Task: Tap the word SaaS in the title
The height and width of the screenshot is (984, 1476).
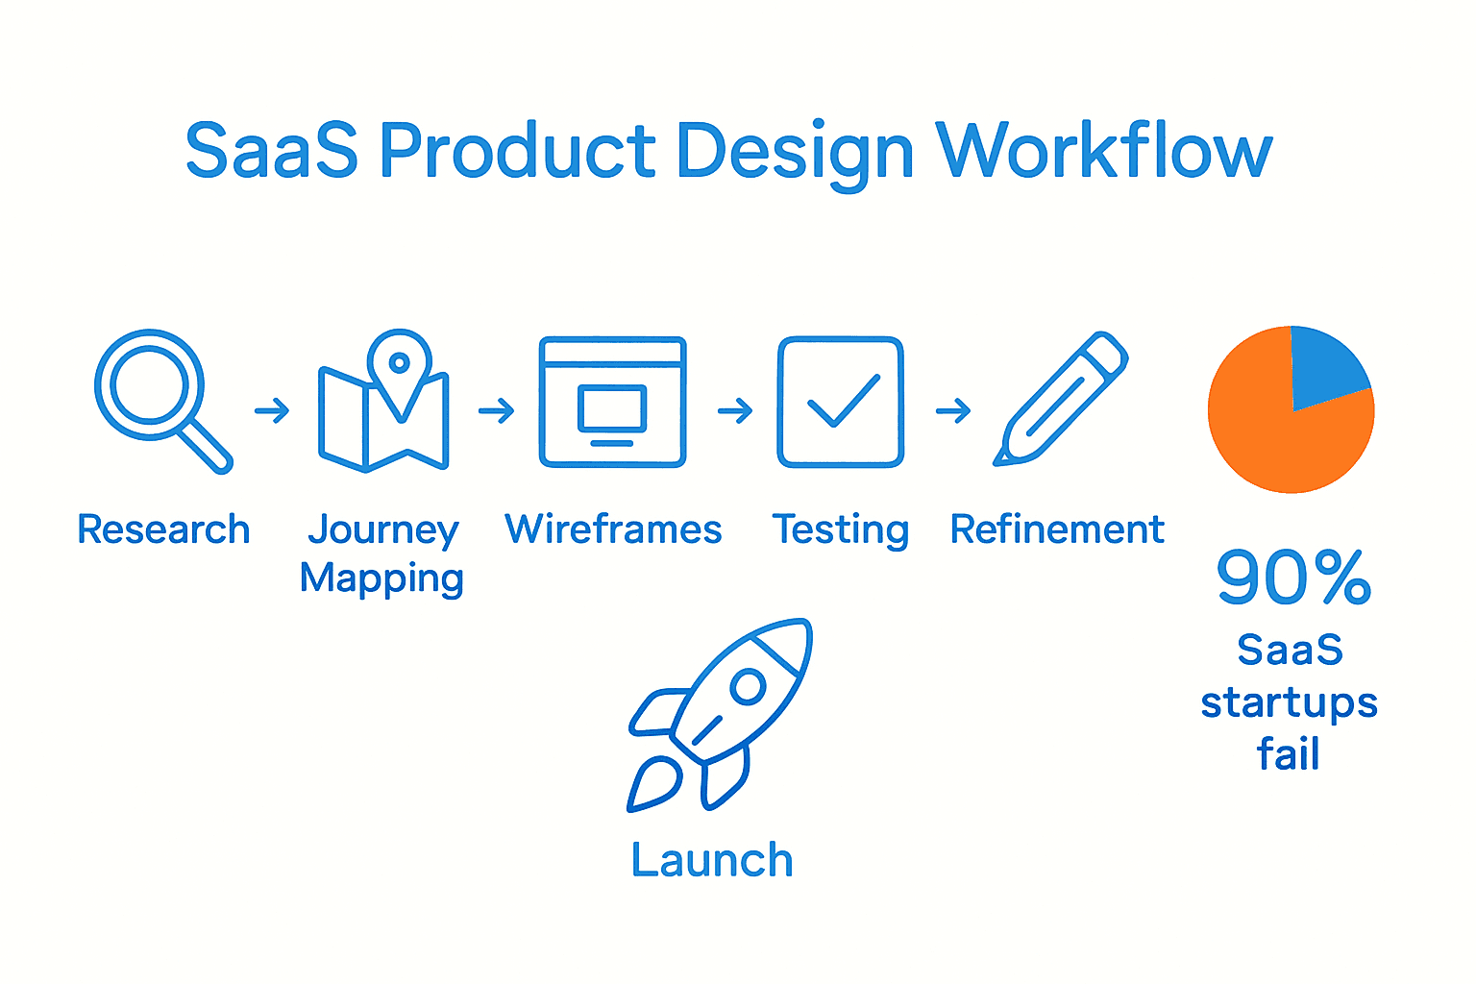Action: click(x=271, y=152)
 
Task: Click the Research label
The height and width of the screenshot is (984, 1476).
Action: click(x=163, y=529)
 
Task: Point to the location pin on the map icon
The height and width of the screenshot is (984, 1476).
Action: click(x=400, y=365)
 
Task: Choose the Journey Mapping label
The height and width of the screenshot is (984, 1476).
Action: click(x=382, y=553)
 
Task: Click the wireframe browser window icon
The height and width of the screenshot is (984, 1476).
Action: click(x=612, y=402)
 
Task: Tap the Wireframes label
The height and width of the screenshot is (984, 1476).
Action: click(x=613, y=529)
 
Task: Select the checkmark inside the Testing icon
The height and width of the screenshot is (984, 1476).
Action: click(x=843, y=401)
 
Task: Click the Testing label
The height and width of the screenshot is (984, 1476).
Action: click(x=841, y=529)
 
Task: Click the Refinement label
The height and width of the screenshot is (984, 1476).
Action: click(x=1057, y=529)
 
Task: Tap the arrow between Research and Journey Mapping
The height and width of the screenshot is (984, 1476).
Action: click(x=272, y=411)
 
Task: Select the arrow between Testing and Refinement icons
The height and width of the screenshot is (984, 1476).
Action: click(x=953, y=411)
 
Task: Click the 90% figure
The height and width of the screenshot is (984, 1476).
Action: click(x=1293, y=578)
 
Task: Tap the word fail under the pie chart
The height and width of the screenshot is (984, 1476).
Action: click(x=1289, y=753)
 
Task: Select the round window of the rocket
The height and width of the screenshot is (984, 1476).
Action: click(x=747, y=686)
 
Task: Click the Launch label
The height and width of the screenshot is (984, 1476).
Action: click(x=712, y=860)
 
